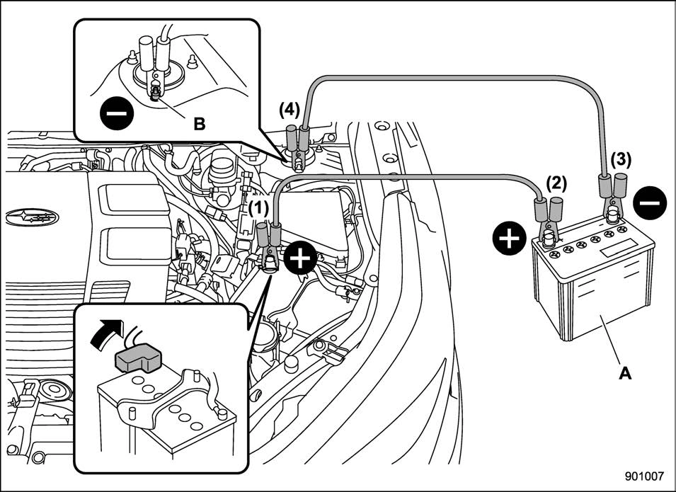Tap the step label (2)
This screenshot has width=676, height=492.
[x=556, y=185]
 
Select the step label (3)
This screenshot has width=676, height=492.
[x=621, y=161]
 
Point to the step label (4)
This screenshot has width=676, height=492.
[x=289, y=110]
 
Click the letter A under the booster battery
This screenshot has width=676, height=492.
[x=625, y=373]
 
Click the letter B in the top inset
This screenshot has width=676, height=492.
[x=199, y=124]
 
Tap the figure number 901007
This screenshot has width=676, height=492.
[x=644, y=476]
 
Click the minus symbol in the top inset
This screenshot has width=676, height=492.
[x=116, y=113]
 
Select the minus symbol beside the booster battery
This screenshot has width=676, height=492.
[x=650, y=203]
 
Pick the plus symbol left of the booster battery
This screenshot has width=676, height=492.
[x=510, y=239]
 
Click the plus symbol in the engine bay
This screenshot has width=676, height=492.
[x=301, y=258]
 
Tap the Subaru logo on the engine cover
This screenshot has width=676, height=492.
[x=33, y=217]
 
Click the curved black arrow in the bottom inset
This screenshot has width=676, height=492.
[x=105, y=332]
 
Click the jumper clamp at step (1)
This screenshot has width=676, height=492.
[x=269, y=247]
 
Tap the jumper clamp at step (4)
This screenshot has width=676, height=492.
[x=298, y=148]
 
